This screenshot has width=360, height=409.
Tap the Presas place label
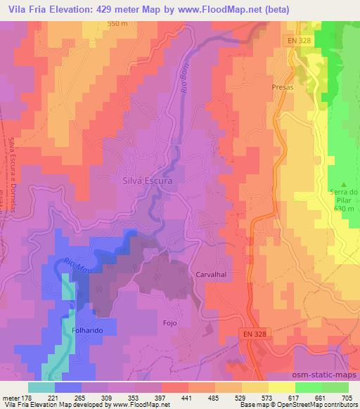(x=282, y=88)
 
